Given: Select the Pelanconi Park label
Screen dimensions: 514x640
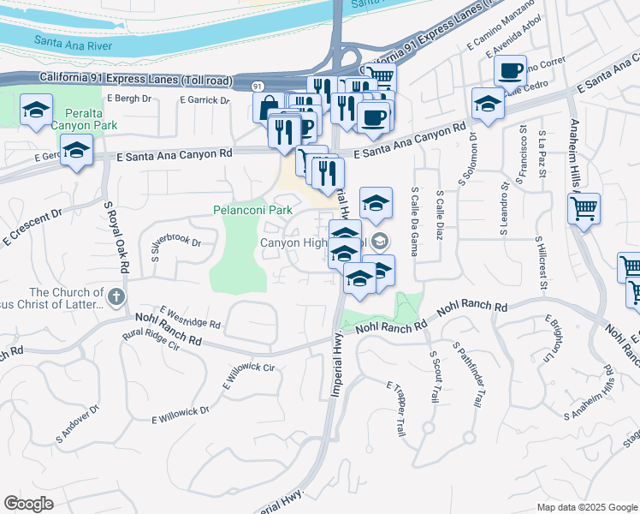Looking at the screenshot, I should point(252,210).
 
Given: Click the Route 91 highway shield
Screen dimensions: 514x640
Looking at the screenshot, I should point(258,87).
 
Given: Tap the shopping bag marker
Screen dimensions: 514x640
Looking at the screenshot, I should point(266,107).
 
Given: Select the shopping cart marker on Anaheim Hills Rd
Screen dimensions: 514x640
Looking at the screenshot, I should point(584,208).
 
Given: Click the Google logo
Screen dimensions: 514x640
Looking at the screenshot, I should point(29,503).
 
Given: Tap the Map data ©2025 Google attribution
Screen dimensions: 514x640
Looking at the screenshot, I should point(586,507).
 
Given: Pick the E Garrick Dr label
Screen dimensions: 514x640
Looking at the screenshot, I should point(204,100).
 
